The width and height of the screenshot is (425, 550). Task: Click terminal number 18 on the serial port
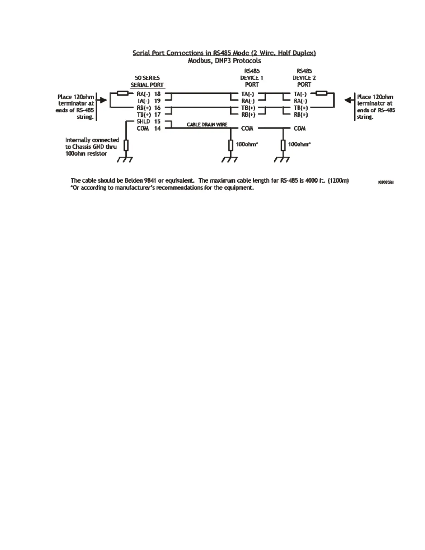157,94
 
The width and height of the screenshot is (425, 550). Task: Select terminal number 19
157,101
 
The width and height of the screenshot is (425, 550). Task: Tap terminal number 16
157,108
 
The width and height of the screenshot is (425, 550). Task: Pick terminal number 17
157,115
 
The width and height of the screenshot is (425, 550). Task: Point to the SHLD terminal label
143,122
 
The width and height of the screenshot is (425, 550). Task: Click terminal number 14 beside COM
157,128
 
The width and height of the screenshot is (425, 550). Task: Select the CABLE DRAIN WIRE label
207,124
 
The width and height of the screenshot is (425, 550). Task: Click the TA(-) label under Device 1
248,94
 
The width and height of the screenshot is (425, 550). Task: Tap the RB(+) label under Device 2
301,115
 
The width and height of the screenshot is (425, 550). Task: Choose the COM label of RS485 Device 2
300,128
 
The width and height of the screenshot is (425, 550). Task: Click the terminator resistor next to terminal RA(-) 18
123,93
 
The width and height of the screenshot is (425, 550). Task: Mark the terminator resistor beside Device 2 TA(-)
322,93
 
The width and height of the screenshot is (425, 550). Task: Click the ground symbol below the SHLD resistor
125,159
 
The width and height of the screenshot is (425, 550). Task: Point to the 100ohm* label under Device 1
247,144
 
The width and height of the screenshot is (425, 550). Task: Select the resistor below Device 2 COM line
283,145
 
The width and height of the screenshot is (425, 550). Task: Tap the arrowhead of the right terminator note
348,100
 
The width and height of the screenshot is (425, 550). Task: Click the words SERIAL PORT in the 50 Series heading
147,85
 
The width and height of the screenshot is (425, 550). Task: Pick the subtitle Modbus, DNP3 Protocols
224,61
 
